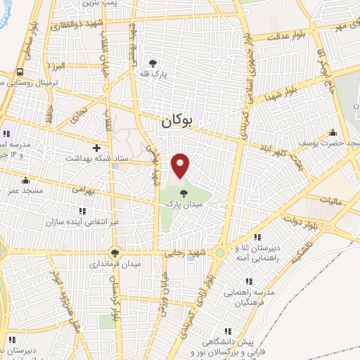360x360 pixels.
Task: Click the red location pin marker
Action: (181, 165)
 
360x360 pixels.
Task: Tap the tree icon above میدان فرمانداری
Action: (115, 252)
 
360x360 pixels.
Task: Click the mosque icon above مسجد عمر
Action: (26, 180)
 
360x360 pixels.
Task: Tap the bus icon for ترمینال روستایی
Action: (20, 72)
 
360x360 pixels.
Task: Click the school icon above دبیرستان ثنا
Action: (258, 238)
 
